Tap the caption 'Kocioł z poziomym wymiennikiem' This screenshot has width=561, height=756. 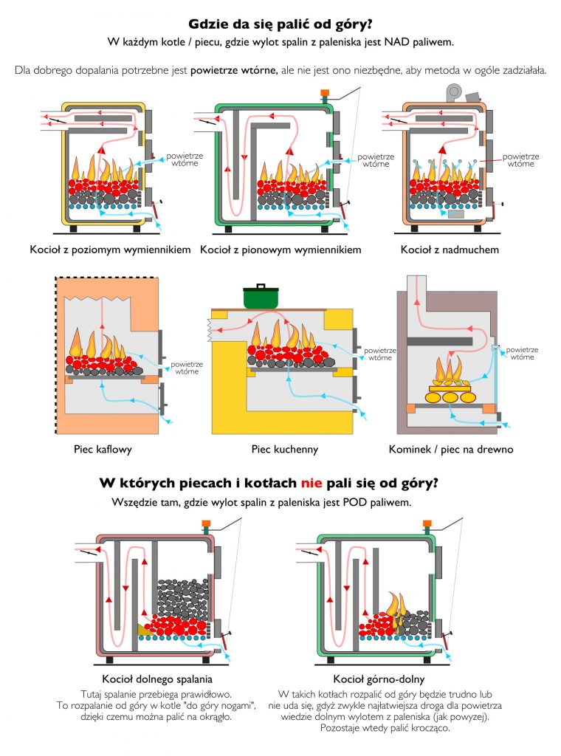111,250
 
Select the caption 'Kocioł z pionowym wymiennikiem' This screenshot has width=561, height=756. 280,250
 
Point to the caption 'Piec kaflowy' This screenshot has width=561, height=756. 103,448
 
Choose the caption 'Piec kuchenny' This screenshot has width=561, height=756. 281,448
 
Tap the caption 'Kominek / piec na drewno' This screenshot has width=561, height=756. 450,448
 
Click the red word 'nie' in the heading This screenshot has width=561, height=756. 312,484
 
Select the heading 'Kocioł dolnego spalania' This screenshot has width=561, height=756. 151,678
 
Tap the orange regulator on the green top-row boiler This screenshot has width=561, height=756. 323,94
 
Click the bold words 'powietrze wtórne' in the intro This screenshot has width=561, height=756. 233,71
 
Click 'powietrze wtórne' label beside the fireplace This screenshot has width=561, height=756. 521,353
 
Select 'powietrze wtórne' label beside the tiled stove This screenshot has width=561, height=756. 185,368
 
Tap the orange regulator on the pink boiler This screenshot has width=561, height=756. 206,526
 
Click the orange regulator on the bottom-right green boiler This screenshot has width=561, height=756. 427,526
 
